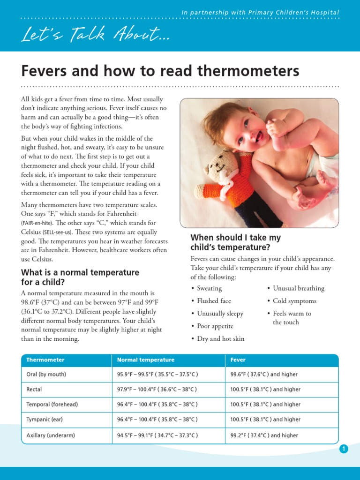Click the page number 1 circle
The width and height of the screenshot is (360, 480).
[344, 449]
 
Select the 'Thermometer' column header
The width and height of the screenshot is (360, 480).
[45, 360]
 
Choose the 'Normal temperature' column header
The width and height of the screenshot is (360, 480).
[146, 360]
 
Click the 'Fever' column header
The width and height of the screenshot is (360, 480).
[238, 360]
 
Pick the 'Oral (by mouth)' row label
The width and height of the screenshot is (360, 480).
[46, 375]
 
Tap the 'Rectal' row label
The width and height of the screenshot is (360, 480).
[34, 390]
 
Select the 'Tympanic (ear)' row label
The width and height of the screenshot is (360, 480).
[45, 420]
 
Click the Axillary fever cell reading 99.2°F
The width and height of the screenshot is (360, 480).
[264, 435]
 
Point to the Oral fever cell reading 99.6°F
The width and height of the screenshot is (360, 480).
[264, 375]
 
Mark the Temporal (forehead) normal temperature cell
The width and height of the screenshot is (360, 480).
[157, 405]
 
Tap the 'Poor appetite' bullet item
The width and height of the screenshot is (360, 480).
[215, 326]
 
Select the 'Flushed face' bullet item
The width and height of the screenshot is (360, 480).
[214, 301]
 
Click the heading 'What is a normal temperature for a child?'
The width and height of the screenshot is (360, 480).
[80, 277]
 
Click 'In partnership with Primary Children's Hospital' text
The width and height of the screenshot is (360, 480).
[260, 13]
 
